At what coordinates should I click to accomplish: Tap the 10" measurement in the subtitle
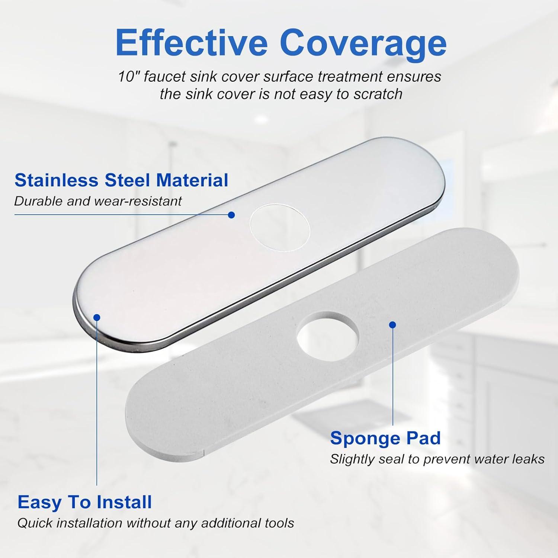point(129,77)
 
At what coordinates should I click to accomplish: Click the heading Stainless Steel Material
point(121,180)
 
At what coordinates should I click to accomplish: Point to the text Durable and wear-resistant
point(98,201)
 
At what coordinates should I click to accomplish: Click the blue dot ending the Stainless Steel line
point(231,215)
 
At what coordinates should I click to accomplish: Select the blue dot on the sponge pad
point(392,325)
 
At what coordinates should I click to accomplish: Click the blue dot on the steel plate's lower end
point(97,317)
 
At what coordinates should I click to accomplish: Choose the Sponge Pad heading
point(385,438)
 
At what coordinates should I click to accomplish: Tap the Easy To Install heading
point(85,502)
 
